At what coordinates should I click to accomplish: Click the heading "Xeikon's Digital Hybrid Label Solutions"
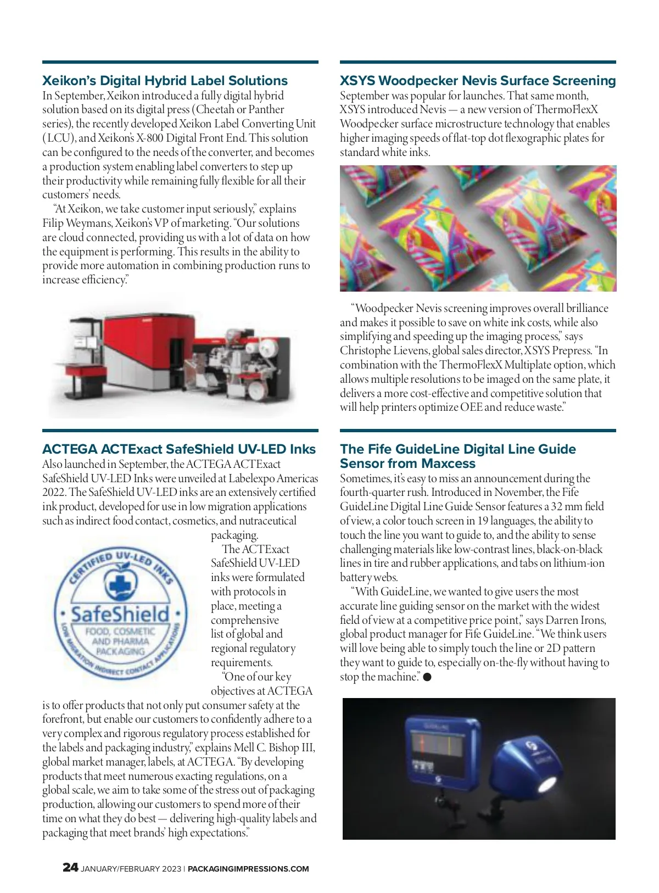click(x=165, y=81)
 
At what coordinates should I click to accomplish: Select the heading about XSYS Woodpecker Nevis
click(x=477, y=81)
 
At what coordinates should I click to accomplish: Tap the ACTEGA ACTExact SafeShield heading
click(x=178, y=449)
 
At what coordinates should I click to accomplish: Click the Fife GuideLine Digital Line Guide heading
click(x=457, y=456)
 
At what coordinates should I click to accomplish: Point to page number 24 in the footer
click(x=70, y=867)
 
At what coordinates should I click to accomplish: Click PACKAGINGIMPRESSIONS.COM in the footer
click(x=248, y=869)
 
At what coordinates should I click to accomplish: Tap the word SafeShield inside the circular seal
click(x=120, y=614)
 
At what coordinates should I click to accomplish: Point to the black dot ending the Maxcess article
click(x=427, y=677)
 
